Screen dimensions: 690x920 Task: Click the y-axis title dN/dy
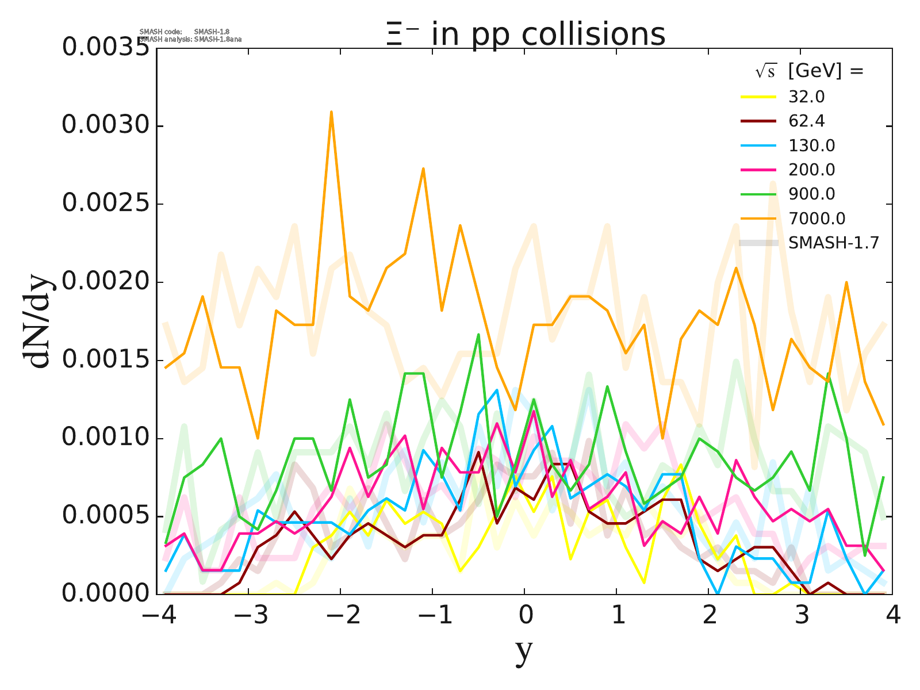pyautogui.click(x=37, y=322)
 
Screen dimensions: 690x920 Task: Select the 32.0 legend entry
pyautogui.click(x=807, y=97)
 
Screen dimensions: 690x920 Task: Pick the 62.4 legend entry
pyautogui.click(x=807, y=121)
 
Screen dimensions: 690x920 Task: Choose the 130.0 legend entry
pyautogui.click(x=811, y=145)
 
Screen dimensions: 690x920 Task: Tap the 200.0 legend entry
pyautogui.click(x=811, y=170)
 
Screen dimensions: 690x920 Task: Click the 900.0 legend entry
pyautogui.click(x=811, y=194)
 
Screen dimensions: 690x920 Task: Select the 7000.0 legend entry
pyautogui.click(x=816, y=218)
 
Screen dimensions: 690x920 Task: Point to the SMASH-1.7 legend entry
pyautogui.click(x=833, y=243)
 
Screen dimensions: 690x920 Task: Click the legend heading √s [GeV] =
pyautogui.click(x=810, y=71)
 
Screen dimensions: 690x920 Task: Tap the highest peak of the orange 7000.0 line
pyautogui.click(x=331, y=112)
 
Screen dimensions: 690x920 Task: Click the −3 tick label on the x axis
pyautogui.click(x=251, y=616)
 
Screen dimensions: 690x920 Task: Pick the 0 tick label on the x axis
pyautogui.click(x=525, y=616)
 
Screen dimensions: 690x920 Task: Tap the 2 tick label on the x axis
pyautogui.click(x=709, y=616)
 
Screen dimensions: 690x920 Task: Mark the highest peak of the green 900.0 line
pyautogui.click(x=478, y=334)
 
